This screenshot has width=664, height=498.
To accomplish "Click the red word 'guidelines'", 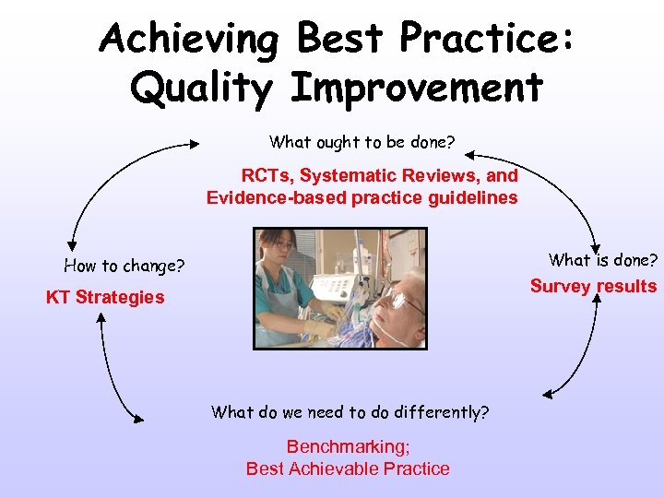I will point(472,197).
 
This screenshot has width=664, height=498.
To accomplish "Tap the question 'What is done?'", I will point(603,260).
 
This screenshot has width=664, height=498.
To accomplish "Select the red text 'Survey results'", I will point(593,286).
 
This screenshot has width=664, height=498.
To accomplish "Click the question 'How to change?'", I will point(124,267).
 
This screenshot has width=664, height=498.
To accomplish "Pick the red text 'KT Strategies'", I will point(105,297).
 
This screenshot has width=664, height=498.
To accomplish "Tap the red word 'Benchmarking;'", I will point(348,446).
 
